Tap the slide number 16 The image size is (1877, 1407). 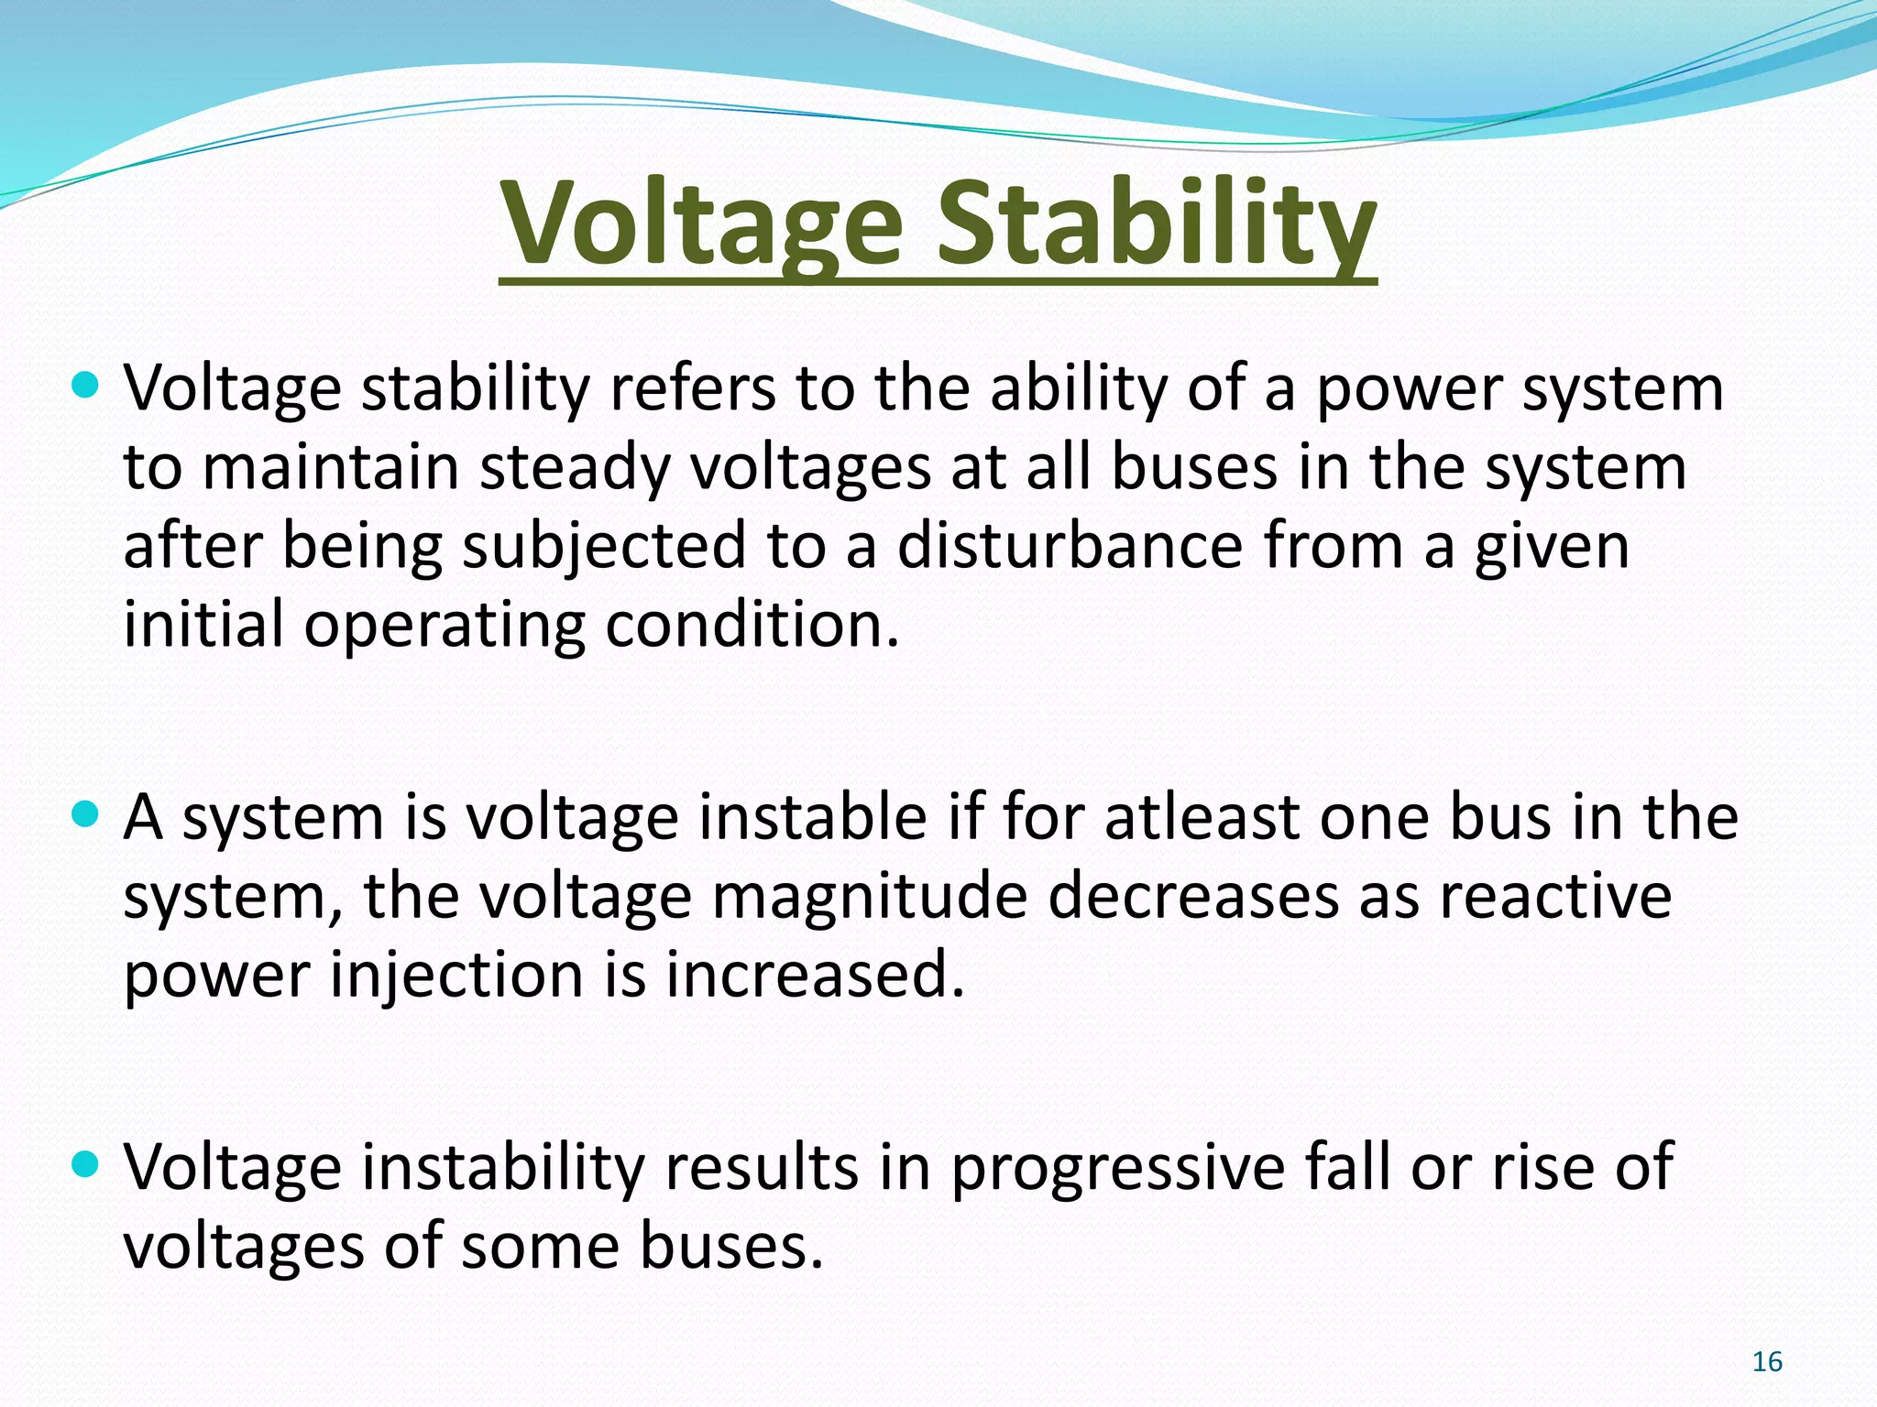(1767, 1362)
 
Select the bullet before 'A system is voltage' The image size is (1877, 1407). (84, 813)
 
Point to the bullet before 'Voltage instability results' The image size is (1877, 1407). (84, 1164)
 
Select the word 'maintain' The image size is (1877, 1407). (330, 468)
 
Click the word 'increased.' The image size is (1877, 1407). (816, 975)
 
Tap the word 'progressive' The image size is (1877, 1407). (1118, 1169)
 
